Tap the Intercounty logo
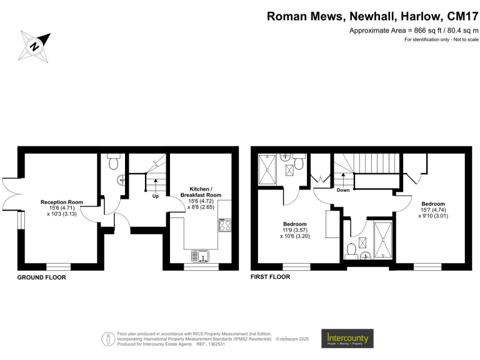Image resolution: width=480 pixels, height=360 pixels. tap(347, 338)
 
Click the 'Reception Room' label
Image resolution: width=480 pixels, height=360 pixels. tap(62, 202)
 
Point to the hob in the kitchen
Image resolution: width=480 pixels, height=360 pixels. tap(226, 226)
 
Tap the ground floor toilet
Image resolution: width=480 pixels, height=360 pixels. tap(113, 162)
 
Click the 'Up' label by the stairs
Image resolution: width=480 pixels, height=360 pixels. tap(155, 195)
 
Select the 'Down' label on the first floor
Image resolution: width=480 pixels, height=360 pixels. tap(343, 190)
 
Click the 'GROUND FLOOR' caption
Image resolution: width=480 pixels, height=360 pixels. tap(41, 277)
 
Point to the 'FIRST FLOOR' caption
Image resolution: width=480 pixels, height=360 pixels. tap(270, 277)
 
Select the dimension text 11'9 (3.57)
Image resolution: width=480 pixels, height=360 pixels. tap(294, 231)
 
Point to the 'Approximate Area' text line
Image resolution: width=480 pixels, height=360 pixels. tap(414, 30)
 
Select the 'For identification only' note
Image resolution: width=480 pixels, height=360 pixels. tap(441, 40)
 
